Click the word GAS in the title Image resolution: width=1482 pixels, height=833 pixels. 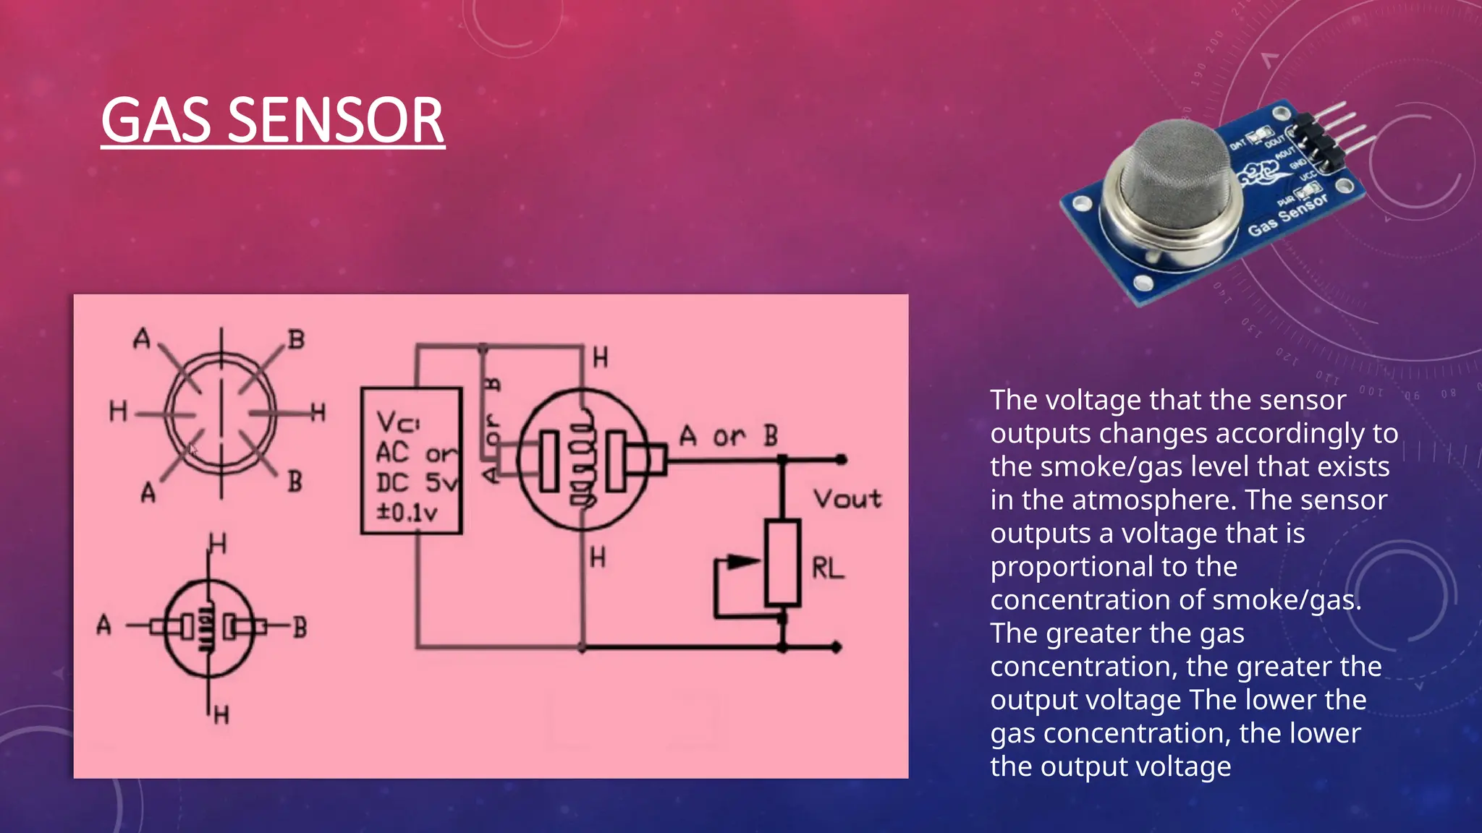click(x=160, y=121)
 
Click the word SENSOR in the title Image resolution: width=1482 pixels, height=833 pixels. click(x=336, y=121)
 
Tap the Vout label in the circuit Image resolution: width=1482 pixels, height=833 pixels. click(x=847, y=498)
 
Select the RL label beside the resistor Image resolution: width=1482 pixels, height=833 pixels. click(x=828, y=568)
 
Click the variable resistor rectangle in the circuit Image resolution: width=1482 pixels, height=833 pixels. click(x=782, y=562)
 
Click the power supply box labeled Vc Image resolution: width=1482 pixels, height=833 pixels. click(x=411, y=461)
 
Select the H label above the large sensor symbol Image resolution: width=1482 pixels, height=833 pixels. click(x=600, y=357)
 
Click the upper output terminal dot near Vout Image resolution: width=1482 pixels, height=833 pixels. click(x=841, y=459)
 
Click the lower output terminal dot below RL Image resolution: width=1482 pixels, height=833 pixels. click(x=837, y=647)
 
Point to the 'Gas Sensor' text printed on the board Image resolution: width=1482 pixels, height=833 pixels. click(x=1288, y=215)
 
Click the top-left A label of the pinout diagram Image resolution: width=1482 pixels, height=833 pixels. click(x=142, y=338)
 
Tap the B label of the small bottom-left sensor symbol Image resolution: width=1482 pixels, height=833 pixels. click(x=300, y=628)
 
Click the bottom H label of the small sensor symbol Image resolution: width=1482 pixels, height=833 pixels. click(x=221, y=715)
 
